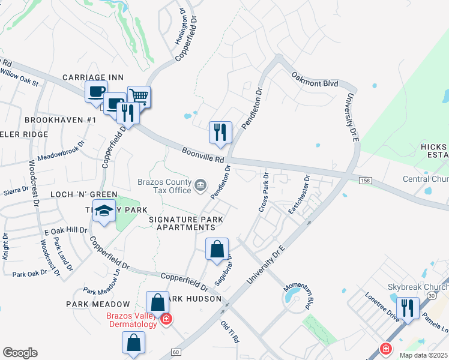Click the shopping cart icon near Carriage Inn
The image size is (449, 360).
point(139,96)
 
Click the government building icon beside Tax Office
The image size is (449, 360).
point(200,186)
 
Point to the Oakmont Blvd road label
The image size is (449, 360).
point(315,81)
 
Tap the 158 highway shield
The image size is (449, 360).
point(365,180)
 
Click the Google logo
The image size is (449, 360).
point(20,353)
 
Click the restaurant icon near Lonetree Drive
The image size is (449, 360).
point(408,307)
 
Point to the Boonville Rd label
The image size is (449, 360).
point(203,156)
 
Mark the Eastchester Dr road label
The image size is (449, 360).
point(300,190)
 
